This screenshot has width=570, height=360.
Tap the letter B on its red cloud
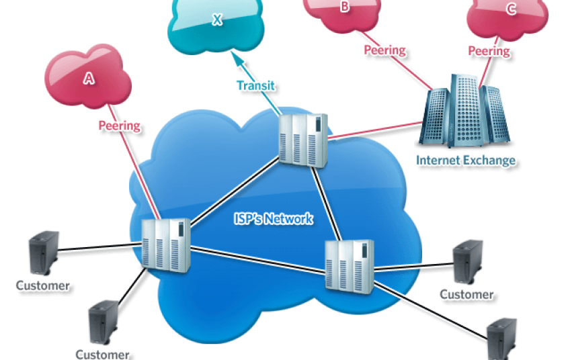[345, 7]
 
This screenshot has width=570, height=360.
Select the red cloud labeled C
[511, 9]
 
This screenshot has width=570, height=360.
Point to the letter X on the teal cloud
[216, 20]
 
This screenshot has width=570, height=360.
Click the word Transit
[256, 85]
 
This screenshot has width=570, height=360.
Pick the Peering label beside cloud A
[120, 125]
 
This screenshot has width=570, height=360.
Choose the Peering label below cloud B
[385, 50]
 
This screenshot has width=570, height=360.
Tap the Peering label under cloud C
[489, 50]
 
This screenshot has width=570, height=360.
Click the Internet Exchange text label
[466, 160]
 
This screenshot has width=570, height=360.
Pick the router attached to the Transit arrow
[304, 139]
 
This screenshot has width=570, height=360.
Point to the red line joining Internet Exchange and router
[376, 132]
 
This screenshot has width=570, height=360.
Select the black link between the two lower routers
[255, 258]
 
